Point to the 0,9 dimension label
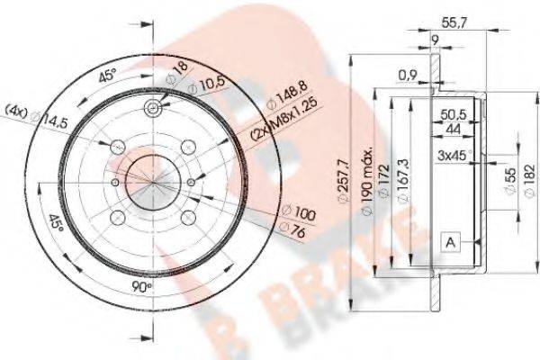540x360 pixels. (408, 76)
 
